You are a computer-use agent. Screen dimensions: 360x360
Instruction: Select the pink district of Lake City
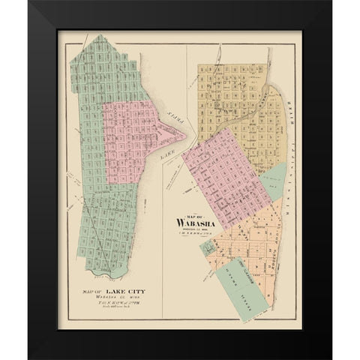pyautogui.click(x=131, y=139)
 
